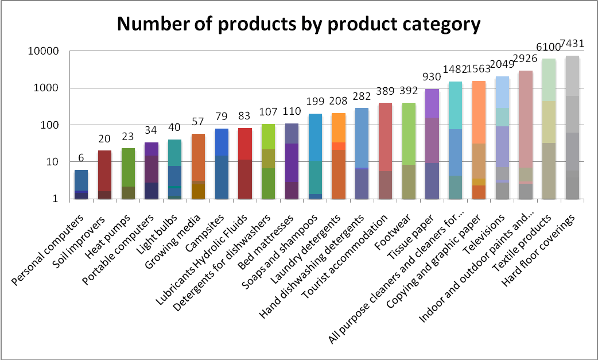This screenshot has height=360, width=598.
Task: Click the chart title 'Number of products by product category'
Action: (298, 25)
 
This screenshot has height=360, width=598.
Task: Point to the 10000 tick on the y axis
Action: (44, 51)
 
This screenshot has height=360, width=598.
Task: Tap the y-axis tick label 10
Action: (54, 162)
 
